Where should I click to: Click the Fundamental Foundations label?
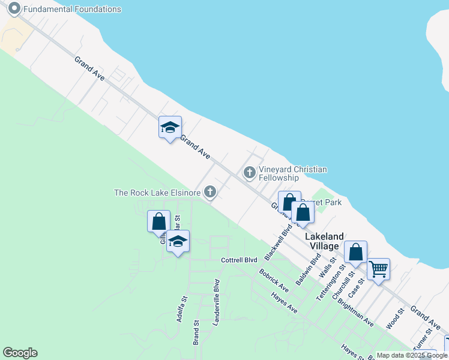71,9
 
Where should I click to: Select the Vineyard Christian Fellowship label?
292,173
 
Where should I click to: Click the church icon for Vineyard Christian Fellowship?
250,173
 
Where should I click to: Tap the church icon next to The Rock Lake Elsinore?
209,192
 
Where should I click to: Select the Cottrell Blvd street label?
239,260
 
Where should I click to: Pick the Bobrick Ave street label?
274,280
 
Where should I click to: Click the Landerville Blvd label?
217,303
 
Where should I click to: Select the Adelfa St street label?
181,308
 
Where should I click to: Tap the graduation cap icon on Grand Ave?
170,127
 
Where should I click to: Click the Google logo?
20,353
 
